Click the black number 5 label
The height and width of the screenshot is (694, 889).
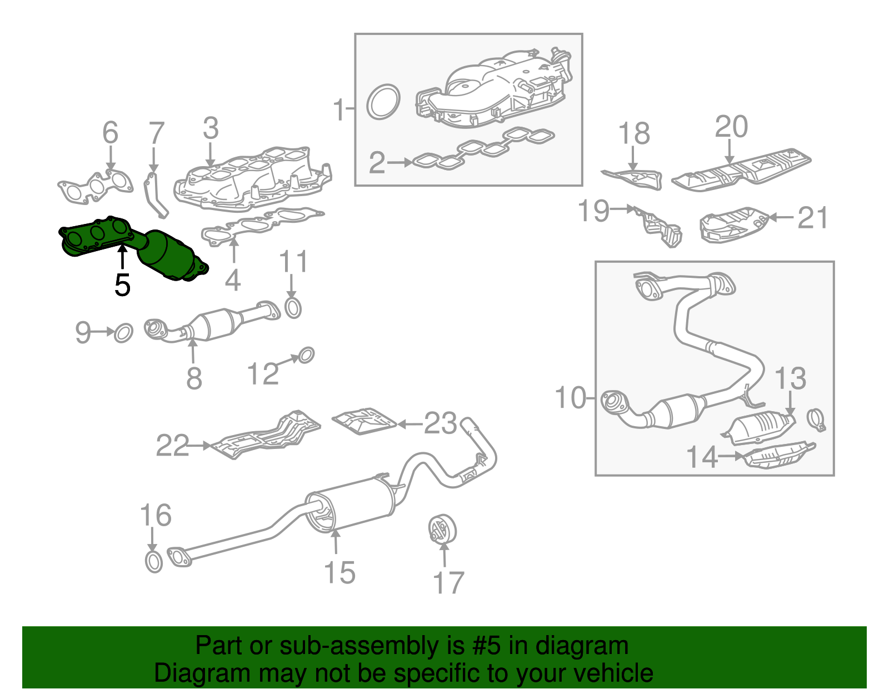[122, 285]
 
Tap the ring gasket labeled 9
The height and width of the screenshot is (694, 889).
[123, 333]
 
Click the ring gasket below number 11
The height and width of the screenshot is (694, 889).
[293, 308]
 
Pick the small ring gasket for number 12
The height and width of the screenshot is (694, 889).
[306, 355]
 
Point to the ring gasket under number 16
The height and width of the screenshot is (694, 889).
[153, 562]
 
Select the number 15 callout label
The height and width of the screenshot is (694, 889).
[339, 572]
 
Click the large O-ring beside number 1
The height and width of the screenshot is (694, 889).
[383, 101]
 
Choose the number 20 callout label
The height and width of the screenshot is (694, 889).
[731, 127]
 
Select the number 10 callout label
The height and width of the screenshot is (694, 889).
[571, 398]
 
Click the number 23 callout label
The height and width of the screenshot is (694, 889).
[441, 424]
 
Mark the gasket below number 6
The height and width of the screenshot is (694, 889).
[96, 186]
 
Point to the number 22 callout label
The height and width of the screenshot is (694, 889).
[172, 445]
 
